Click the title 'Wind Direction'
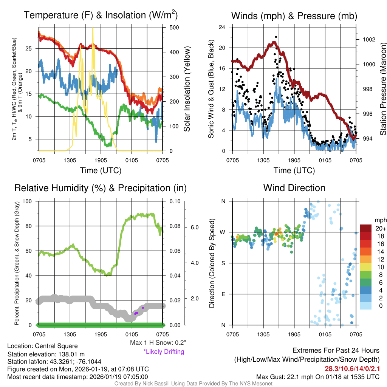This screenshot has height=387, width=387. (x=294, y=188)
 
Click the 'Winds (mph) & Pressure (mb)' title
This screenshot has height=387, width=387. (x=294, y=16)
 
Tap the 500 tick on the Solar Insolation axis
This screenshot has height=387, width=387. (x=174, y=28)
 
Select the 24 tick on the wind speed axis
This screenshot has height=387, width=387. (x=223, y=27)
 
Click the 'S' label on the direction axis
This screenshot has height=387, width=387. (x=223, y=263)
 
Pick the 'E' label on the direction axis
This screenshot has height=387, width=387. (x=223, y=294)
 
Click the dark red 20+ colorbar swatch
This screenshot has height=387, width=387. (x=366, y=228)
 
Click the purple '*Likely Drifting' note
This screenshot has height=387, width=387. (x=164, y=352)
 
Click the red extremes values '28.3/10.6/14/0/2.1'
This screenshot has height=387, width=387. (x=352, y=368)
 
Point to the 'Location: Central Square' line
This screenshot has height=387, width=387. (x=42, y=346)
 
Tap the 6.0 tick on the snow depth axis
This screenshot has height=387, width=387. (x=194, y=228)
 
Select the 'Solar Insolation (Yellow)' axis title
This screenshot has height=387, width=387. (x=187, y=89)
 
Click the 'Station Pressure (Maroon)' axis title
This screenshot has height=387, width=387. (x=382, y=89)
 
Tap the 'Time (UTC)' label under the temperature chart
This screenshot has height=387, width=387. (x=101, y=170)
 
